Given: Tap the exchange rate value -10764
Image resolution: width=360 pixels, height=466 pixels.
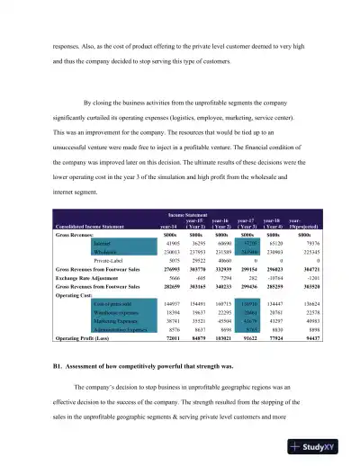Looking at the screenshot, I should pyautogui.click(x=277, y=280).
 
